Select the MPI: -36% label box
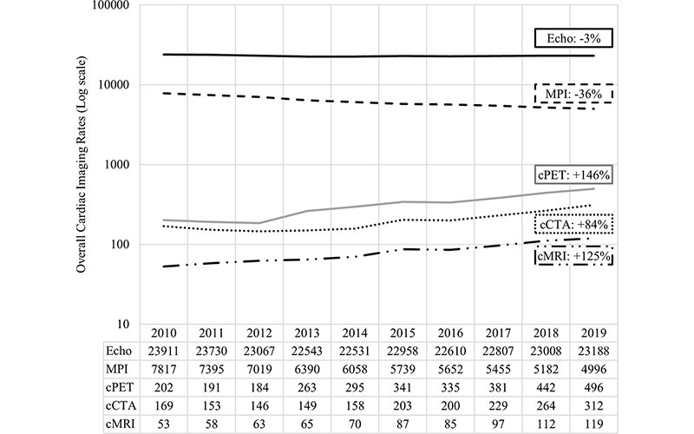click(573, 93)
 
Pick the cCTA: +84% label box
click(573, 225)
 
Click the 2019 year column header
click(586, 333)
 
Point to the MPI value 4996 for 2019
click(586, 371)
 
